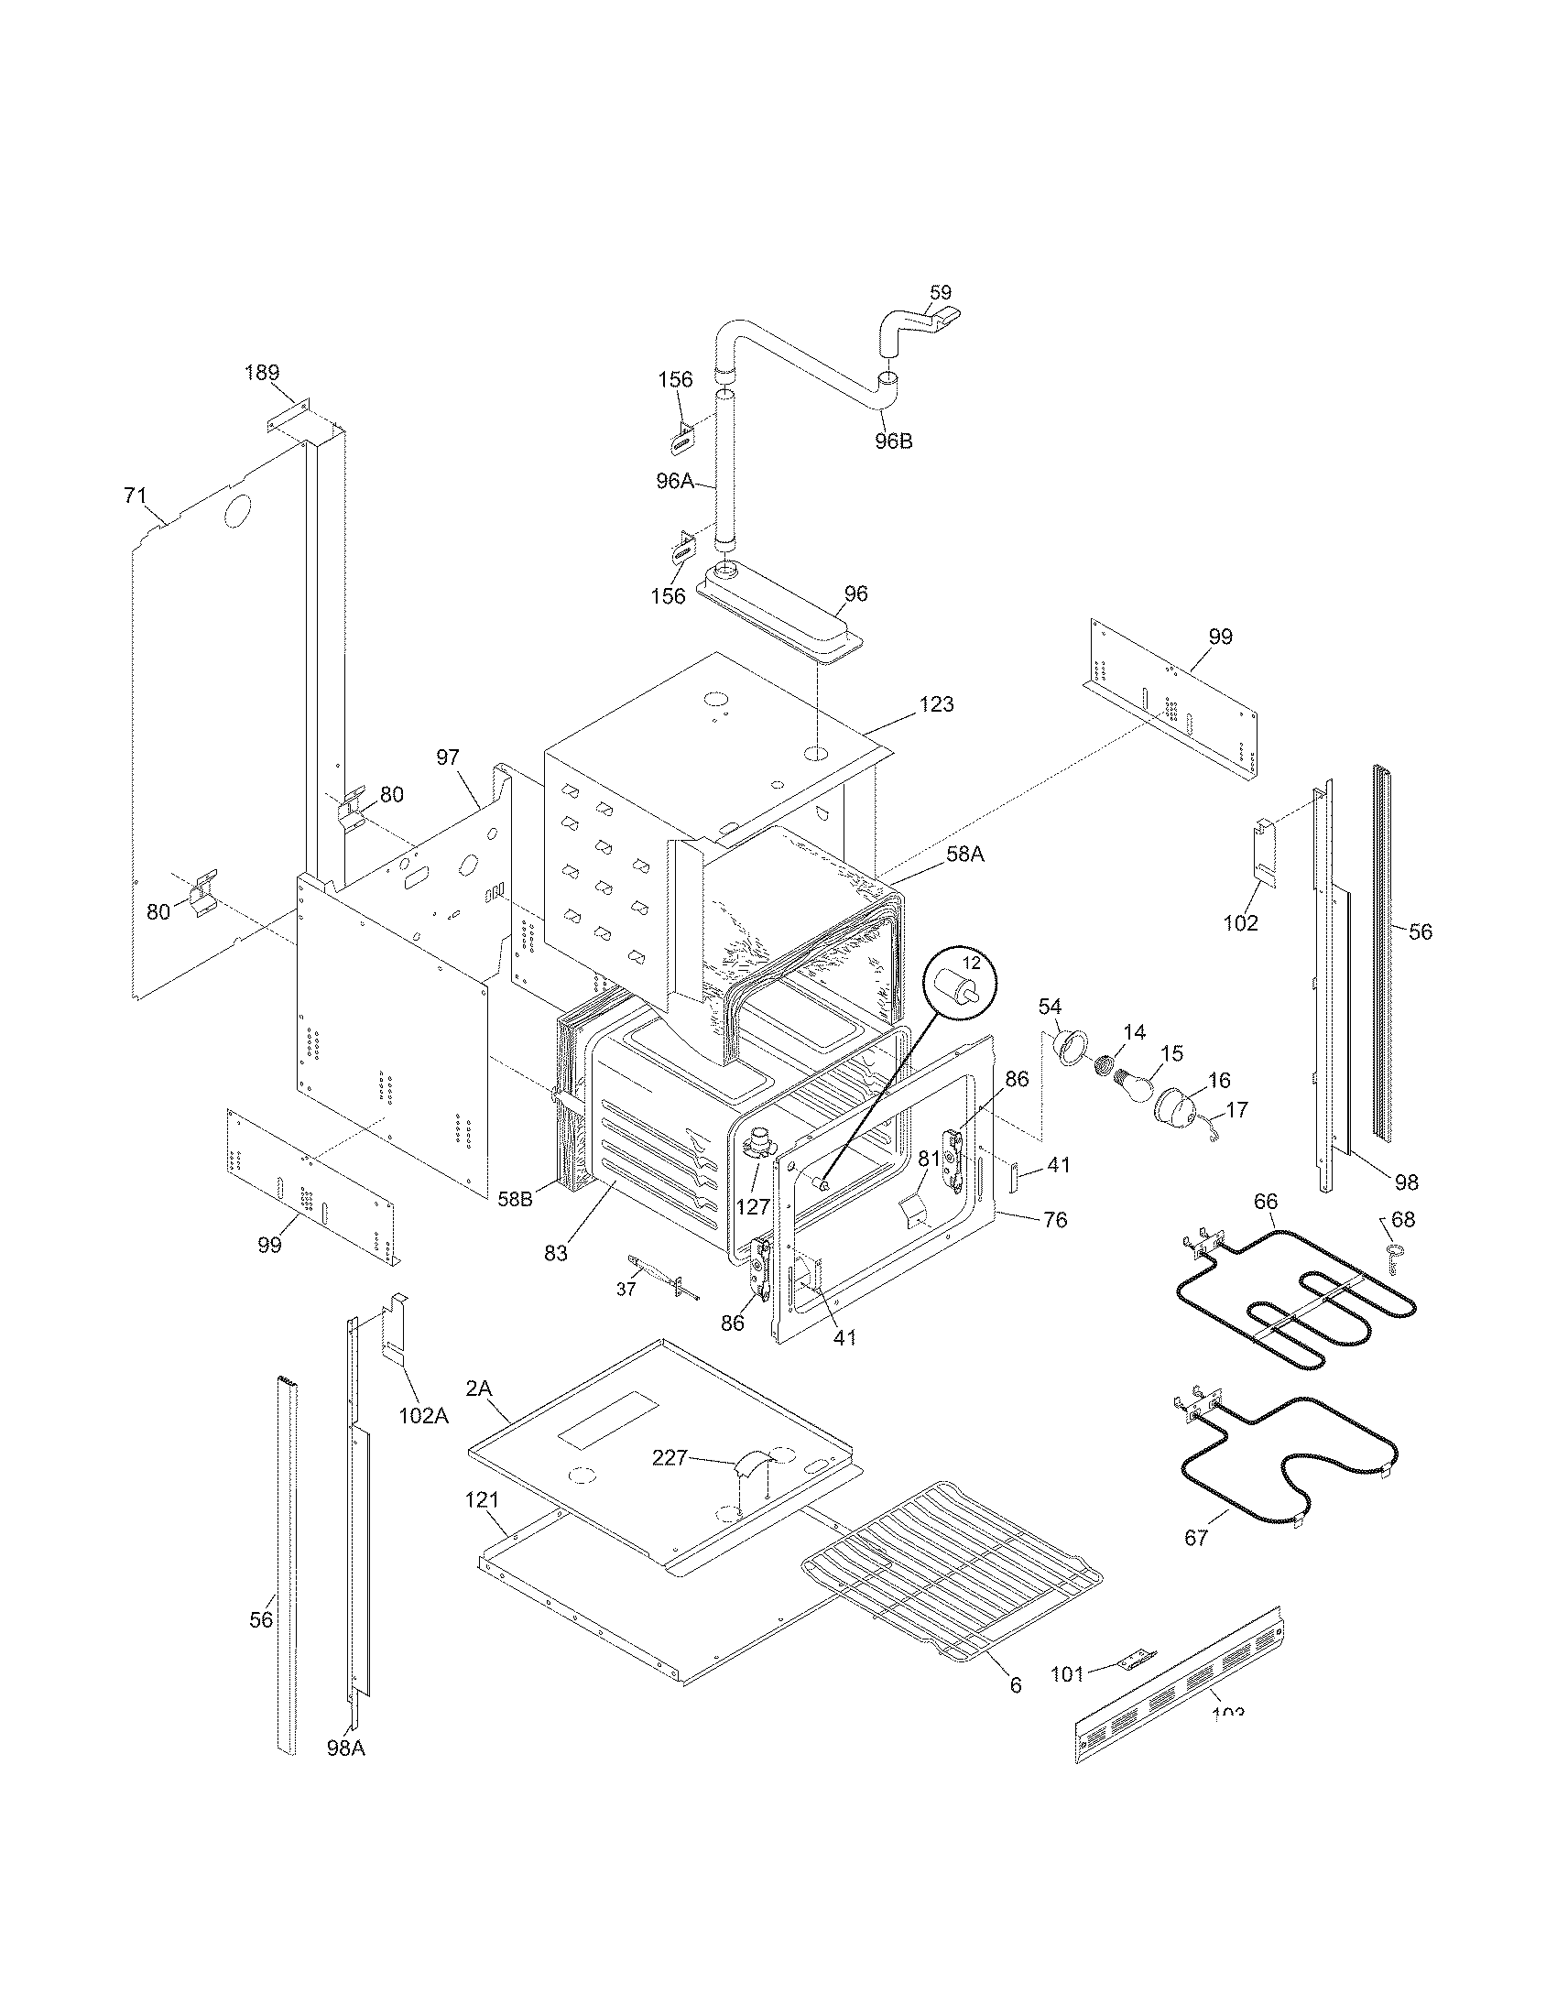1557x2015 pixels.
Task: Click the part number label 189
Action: tap(262, 373)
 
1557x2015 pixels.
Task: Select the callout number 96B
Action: tap(893, 441)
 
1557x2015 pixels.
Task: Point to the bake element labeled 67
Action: tap(1291, 1467)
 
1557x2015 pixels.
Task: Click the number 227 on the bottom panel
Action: tap(670, 1457)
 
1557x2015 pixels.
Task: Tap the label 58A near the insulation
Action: tap(964, 855)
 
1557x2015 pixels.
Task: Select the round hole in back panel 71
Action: tap(236, 510)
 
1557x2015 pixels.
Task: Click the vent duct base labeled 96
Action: tap(779, 613)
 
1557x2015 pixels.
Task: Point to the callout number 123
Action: tap(936, 704)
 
